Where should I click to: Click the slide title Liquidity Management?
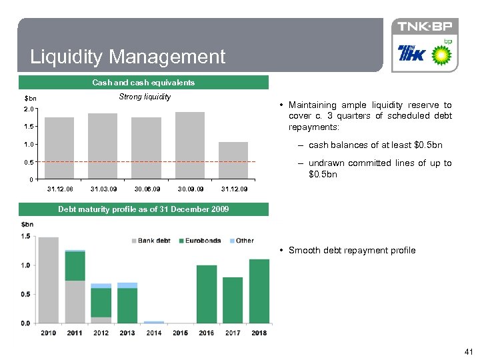point(128,57)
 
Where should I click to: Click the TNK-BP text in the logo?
point(425,27)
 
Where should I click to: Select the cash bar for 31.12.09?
point(233,161)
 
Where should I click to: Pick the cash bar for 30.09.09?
point(190,145)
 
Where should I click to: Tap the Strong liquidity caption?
point(145,97)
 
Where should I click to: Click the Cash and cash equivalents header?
point(143,83)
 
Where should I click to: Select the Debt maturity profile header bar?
point(143,209)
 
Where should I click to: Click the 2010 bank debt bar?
point(49,280)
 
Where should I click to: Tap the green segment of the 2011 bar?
point(75,266)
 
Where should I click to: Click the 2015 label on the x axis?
point(180,333)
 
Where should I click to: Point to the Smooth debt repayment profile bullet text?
point(352,251)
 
